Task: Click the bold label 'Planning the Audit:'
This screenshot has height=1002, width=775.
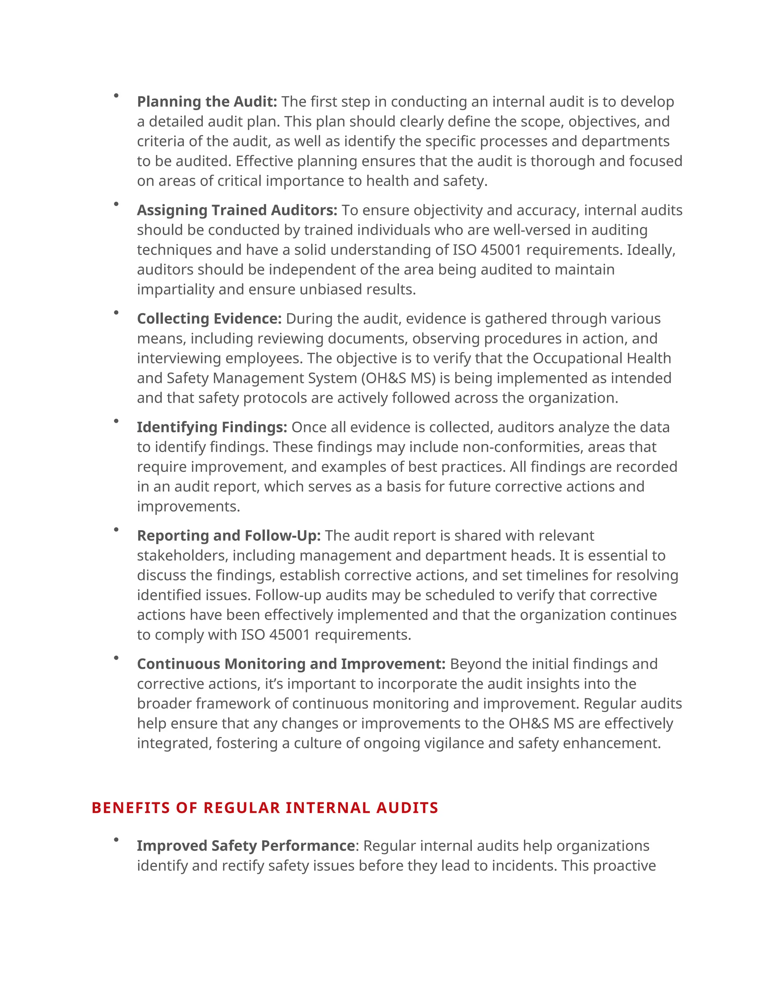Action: click(x=207, y=101)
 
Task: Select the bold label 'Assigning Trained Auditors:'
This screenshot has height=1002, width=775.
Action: click(x=237, y=210)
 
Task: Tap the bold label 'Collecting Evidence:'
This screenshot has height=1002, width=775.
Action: click(x=209, y=318)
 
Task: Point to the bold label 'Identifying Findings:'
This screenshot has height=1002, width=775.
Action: click(x=212, y=427)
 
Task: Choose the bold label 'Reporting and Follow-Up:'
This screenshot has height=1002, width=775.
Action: click(x=229, y=535)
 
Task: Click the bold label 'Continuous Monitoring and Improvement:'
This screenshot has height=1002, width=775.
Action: click(x=291, y=664)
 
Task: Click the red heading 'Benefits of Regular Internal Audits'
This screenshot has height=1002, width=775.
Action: click(x=265, y=808)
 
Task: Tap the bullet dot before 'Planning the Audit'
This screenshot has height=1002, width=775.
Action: click(x=116, y=95)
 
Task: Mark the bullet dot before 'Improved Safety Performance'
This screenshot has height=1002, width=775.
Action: click(x=116, y=839)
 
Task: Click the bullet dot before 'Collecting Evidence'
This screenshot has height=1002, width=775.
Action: click(x=116, y=312)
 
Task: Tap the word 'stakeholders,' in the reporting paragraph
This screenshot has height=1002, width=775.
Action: click(x=182, y=555)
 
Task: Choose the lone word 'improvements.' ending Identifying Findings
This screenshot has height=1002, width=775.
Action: click(x=188, y=507)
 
